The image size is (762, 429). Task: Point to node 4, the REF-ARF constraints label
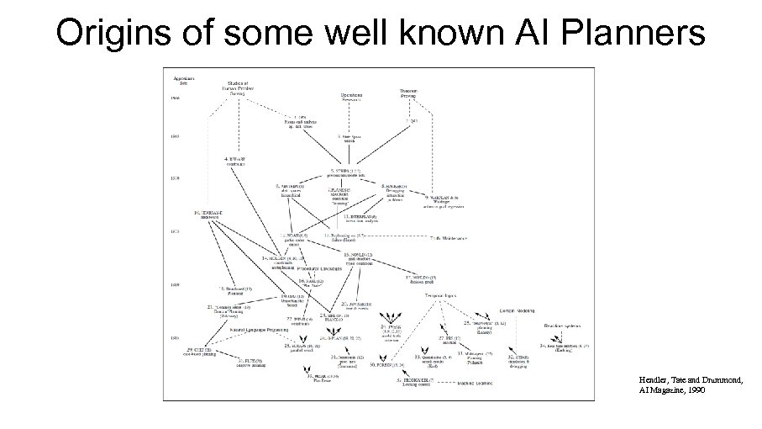point(238,160)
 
